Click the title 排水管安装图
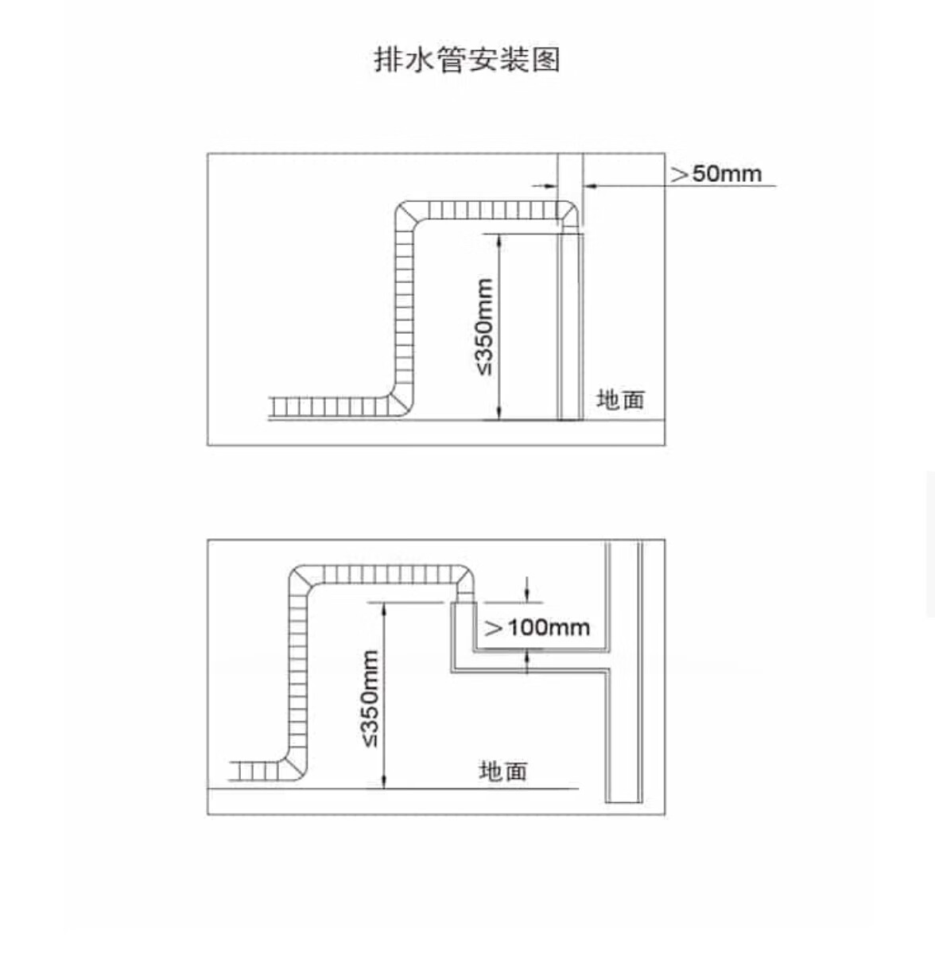pyautogui.click(x=467, y=60)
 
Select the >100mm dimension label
pyautogui.click(x=537, y=628)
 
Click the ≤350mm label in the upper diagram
pyautogui.click(x=484, y=326)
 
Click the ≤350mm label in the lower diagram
pyautogui.click(x=371, y=698)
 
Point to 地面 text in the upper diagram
pyautogui.click(x=620, y=399)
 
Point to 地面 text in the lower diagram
pyautogui.click(x=502, y=770)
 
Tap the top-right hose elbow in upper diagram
pyautogui.click(x=566, y=214)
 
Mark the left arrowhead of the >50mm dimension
pyautogui.click(x=549, y=186)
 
